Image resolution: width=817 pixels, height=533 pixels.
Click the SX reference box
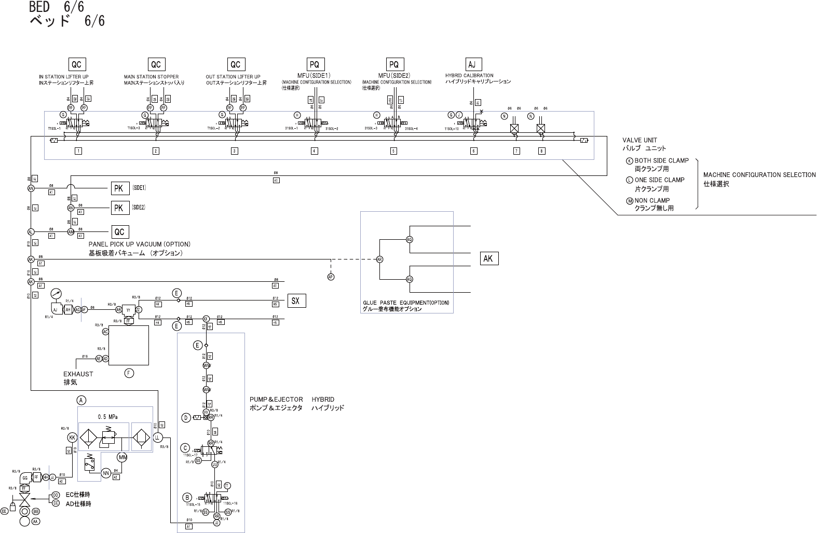pos(295,300)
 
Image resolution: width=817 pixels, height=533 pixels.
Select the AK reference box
pos(488,258)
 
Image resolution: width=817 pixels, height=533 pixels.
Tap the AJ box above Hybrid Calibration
pos(472,64)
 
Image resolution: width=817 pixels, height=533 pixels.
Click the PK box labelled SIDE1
pos(118,188)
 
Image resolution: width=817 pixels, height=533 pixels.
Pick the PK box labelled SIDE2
pos(118,208)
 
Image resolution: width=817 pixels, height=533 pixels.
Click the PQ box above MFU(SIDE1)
pos(314,64)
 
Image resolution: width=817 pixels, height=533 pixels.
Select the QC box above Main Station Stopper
pos(156,64)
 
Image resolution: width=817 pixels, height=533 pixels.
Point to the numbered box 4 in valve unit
pos(314,151)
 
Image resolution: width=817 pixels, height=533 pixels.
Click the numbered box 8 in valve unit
pos(541,151)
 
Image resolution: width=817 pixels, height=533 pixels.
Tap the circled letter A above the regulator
pos(81,400)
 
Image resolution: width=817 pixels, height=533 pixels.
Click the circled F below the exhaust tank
pos(129,373)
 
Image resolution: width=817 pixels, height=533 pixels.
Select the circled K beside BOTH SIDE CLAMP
pos(630,161)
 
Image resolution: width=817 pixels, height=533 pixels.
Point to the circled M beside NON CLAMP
pos(630,200)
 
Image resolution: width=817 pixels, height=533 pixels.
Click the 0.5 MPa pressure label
pos(107,416)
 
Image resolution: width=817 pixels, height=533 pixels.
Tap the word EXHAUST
pos(78,374)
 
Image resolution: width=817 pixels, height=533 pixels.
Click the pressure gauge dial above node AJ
pos(56,294)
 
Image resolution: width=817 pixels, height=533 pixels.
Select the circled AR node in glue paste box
pos(379,259)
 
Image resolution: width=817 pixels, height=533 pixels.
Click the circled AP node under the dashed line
pos(331,277)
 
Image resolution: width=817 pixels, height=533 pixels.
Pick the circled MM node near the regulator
pos(122,457)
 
